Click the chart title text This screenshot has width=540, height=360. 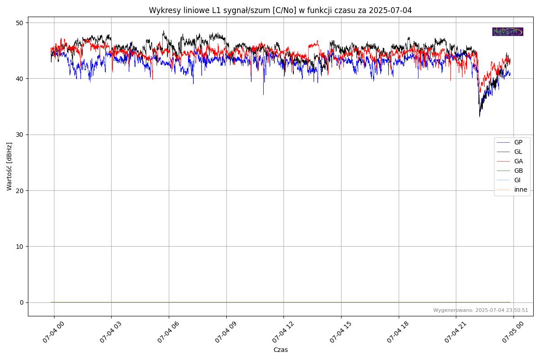click(x=280, y=10)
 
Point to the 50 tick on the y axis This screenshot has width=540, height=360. click(x=20, y=22)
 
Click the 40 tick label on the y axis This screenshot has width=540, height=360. click(x=20, y=79)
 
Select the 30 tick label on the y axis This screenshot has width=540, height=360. click(x=20, y=135)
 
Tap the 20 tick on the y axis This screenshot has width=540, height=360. click(x=20, y=190)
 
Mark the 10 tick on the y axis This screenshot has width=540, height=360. click(x=20, y=246)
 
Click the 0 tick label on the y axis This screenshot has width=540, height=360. click(x=22, y=302)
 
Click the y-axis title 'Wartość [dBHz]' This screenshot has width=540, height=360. click(x=9, y=166)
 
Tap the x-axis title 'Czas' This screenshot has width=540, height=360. click(x=280, y=350)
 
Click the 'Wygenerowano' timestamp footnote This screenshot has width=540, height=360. click(x=481, y=310)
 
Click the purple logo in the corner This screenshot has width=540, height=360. click(x=508, y=31)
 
